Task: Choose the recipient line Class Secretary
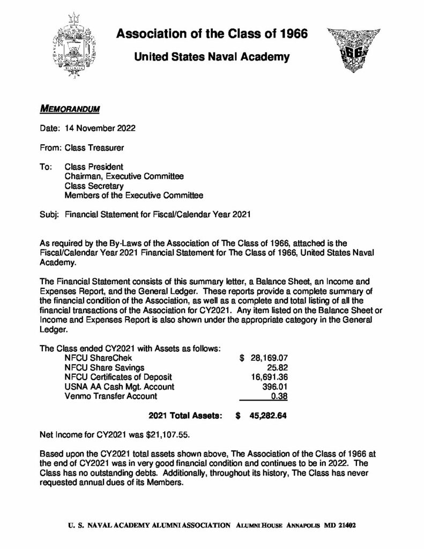94,186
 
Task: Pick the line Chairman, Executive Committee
124,176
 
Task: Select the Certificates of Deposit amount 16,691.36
271,377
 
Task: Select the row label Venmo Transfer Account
110,397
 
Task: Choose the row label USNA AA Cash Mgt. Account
119,387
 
